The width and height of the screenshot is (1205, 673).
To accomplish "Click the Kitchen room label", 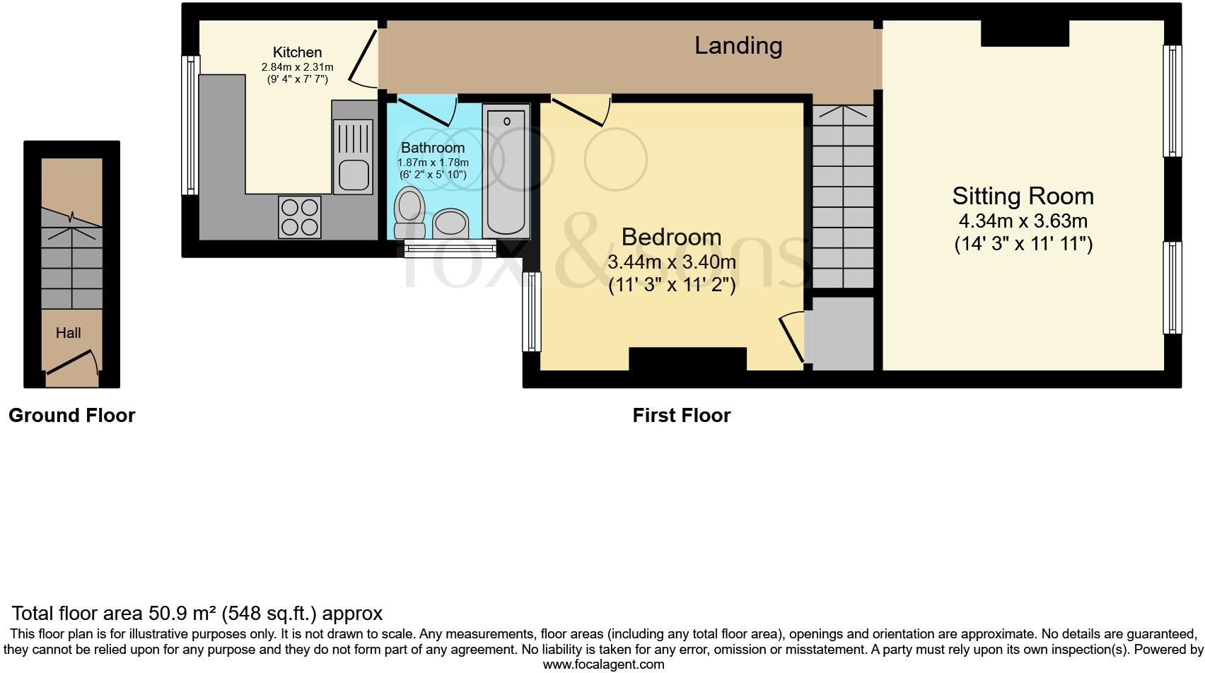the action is coord(297,52).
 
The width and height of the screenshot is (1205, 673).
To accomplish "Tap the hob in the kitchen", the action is coord(300,217).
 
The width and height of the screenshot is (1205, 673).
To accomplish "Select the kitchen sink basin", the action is coord(354,175).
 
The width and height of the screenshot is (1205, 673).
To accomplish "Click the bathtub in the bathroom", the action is coord(506,172).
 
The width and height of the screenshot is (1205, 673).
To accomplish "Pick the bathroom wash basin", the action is coord(450,223).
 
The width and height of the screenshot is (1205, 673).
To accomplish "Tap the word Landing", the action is coord(738,46).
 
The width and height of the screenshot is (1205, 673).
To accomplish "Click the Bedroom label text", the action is coord(671,237).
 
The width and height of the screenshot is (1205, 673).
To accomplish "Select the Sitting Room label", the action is coord(1023,196).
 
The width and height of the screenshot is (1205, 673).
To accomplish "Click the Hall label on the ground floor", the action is coord(69,333).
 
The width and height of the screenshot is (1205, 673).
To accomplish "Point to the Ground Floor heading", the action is coord(71,415).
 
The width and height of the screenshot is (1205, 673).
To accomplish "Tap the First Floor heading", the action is coord(682,415).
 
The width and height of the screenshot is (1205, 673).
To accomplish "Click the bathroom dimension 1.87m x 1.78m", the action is coord(433,163).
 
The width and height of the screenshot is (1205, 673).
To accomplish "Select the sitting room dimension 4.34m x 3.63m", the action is coord(1023,221).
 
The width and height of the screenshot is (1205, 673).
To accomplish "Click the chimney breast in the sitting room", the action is coord(1025,33).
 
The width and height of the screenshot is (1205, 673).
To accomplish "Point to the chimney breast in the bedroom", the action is coord(687,359).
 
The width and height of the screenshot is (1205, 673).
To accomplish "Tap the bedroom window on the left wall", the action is coord(532,312).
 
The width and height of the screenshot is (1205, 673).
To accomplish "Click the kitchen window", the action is coord(190,125).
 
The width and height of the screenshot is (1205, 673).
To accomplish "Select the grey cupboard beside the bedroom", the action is coord(842,334).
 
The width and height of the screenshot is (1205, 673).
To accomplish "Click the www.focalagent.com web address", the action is coord(604,665).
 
